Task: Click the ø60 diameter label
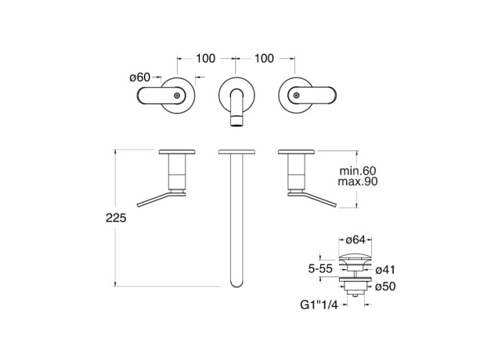[140, 77]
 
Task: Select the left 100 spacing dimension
[205, 58]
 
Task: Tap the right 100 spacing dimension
[264, 58]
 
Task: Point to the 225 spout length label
[116, 218]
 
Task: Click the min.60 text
[358, 171]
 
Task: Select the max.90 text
[358, 181]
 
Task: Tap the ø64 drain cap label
[356, 240]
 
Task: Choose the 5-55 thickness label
[320, 269]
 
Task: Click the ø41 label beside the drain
[386, 270]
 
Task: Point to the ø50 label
[386, 287]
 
